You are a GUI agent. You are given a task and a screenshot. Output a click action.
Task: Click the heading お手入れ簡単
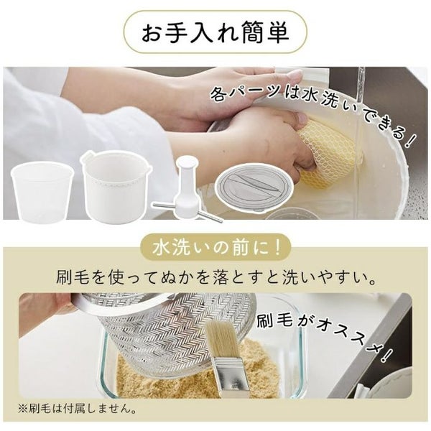(215, 32)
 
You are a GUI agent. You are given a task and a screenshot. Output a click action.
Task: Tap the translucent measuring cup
(42, 192)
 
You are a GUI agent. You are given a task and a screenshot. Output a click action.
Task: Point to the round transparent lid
(254, 187)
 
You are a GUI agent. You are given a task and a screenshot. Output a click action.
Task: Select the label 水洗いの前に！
(216, 248)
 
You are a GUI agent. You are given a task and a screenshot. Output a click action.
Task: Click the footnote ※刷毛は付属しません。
(77, 409)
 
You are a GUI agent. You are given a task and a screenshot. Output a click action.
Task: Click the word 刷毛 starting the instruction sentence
(73, 277)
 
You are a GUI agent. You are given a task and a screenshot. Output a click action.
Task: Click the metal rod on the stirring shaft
(187, 211)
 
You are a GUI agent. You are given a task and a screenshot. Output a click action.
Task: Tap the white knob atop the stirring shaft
(187, 162)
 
